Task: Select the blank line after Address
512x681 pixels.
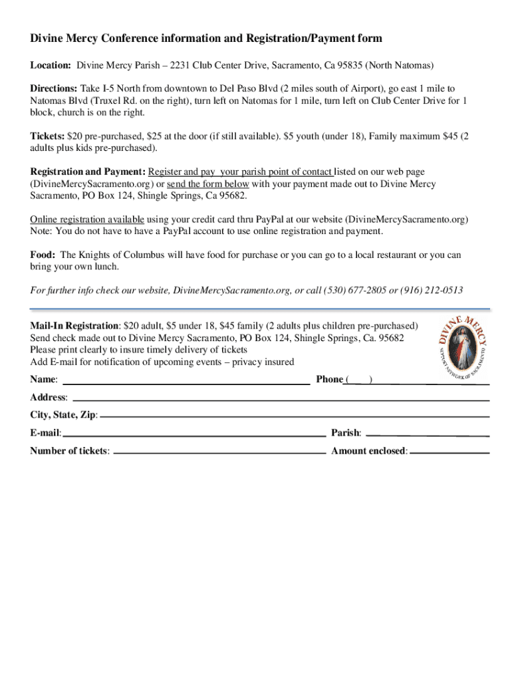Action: point(280,400)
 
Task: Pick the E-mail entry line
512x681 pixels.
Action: point(193,435)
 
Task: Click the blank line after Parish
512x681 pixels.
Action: point(427,435)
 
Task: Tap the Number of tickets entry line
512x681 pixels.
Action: point(219,452)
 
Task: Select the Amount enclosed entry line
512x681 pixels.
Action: point(449,452)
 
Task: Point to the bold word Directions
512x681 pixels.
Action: point(55,88)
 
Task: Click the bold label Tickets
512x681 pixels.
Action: point(47,136)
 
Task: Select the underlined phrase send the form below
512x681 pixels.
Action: point(208,184)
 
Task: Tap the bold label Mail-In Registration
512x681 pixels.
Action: point(74,326)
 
